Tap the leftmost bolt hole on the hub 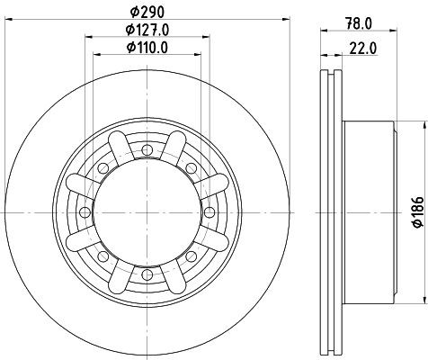(84, 211)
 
